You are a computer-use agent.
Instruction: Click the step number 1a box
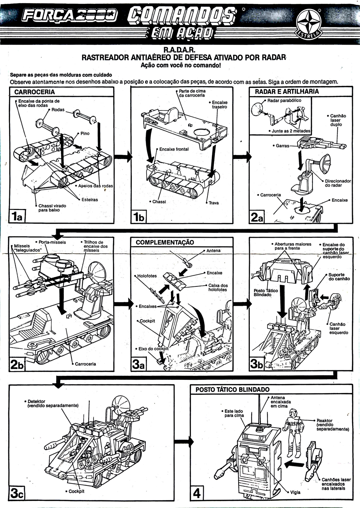[x=17, y=217]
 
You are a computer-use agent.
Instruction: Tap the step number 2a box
[x=257, y=217]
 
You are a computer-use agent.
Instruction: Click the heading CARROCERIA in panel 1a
[x=35, y=92]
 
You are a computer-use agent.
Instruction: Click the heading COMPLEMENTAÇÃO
[x=165, y=242]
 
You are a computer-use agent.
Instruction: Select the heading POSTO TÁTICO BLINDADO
[x=233, y=389]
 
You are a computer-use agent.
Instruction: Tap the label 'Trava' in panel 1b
[x=213, y=203]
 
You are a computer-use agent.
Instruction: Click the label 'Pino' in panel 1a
[x=85, y=134]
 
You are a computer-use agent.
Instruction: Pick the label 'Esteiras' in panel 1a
[x=90, y=200]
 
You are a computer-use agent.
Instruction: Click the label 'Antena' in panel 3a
[x=213, y=251]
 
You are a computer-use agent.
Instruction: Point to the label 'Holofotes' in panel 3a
[x=147, y=276]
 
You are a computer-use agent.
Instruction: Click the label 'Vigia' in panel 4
[x=295, y=493]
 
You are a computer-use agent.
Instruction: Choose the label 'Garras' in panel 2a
[x=283, y=146]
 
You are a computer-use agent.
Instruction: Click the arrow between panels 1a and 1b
[x=123, y=156]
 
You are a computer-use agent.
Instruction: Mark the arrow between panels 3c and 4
[x=184, y=442]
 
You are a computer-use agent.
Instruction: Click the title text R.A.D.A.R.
[x=180, y=49]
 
